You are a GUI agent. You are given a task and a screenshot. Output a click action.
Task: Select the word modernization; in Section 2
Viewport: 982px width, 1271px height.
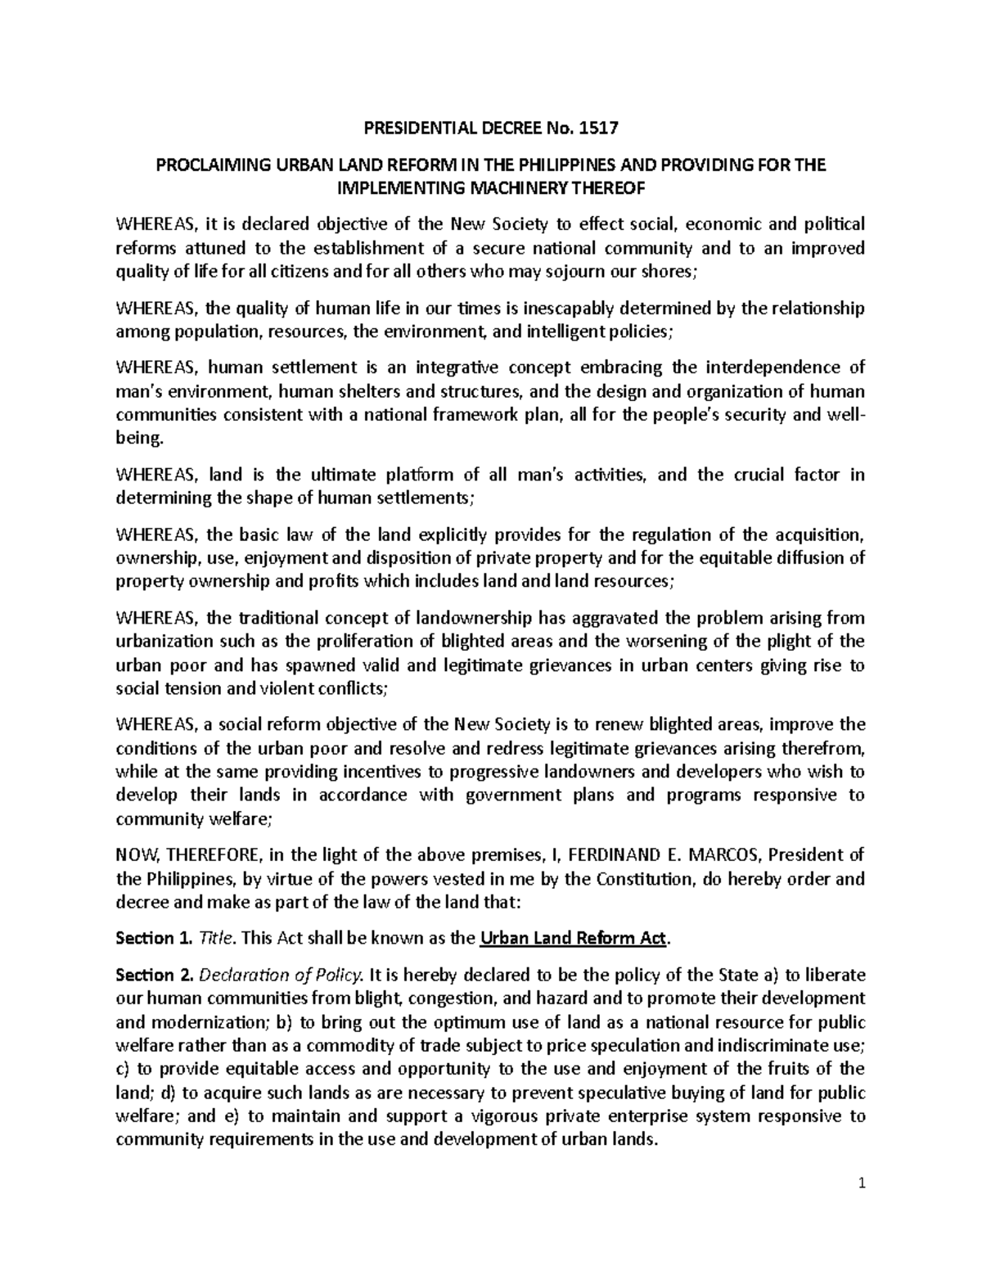tap(201, 1022)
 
